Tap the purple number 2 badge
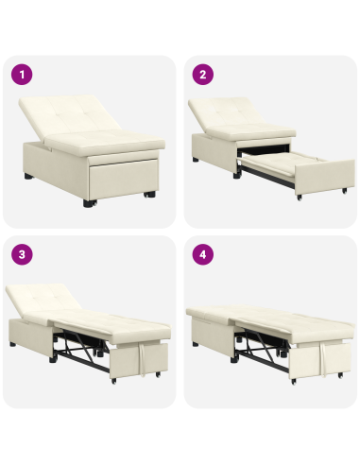(201, 74)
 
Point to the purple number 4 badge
(201, 254)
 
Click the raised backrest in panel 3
(43, 301)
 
